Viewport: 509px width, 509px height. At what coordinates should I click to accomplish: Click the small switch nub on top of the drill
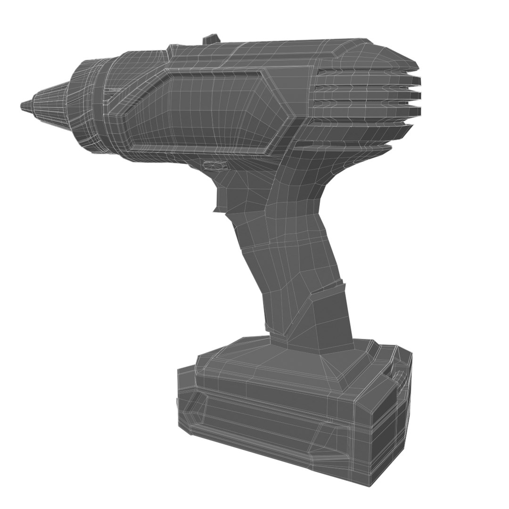[211, 39]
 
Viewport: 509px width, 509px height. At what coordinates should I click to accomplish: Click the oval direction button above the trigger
[214, 164]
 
